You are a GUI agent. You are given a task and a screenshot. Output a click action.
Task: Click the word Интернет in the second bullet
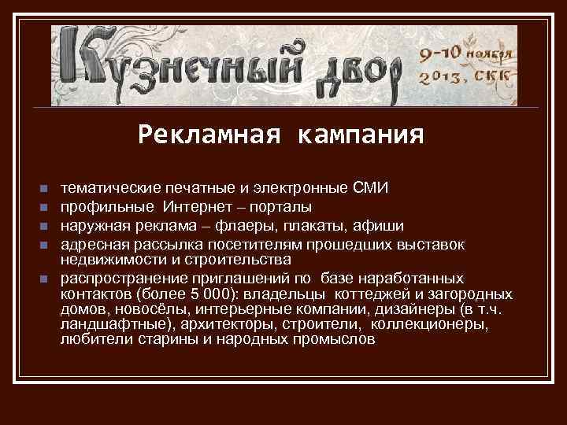coord(197,207)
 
